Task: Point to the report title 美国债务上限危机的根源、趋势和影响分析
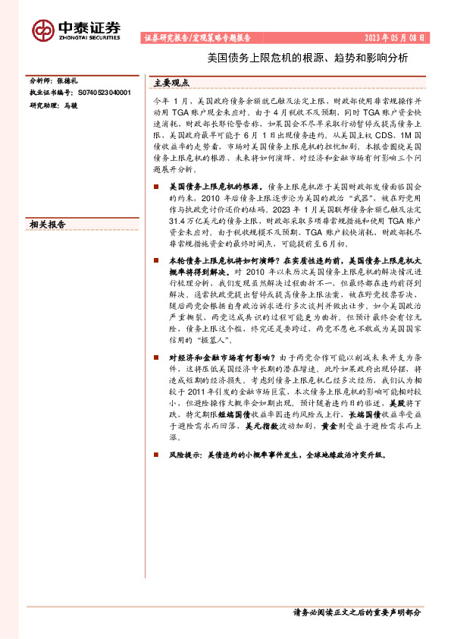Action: pyautogui.click(x=308, y=58)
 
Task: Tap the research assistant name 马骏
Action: pyautogui.click(x=70, y=105)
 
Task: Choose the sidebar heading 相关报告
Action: pyautogui.click(x=47, y=225)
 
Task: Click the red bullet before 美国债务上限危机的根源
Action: pyautogui.click(x=156, y=186)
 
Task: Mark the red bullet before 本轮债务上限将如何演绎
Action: pyautogui.click(x=156, y=260)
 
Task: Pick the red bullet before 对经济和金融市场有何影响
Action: pyautogui.click(x=156, y=357)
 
